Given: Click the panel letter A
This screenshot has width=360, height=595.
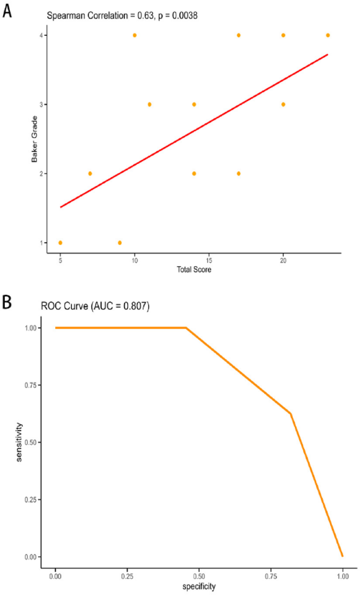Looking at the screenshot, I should [x=7, y=10].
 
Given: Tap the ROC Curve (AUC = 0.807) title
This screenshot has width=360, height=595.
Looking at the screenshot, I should [x=95, y=307].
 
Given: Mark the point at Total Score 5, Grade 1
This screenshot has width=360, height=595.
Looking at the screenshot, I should [x=60, y=243].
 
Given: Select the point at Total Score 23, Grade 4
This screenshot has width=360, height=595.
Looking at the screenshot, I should [x=328, y=35].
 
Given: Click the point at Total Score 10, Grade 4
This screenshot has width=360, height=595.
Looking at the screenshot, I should [x=135, y=35].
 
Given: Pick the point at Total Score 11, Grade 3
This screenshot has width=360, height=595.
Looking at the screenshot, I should [x=149, y=105].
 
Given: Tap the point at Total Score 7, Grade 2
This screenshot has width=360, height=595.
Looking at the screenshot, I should [x=90, y=173].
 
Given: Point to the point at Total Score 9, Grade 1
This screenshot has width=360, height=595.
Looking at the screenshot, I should [x=120, y=243].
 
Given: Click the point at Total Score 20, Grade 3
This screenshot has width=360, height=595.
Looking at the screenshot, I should [x=283, y=105].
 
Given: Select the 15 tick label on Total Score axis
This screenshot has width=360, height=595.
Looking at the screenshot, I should [x=209, y=260].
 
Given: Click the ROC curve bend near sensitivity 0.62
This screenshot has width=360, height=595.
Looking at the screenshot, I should [x=291, y=413].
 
